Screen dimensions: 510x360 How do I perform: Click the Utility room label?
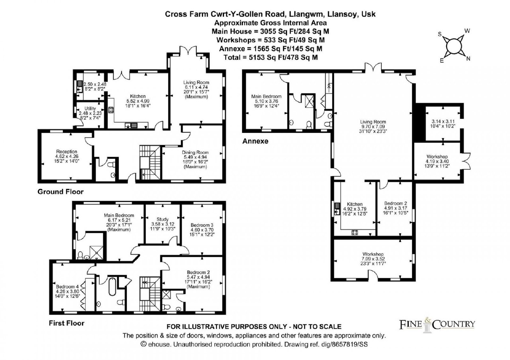coord(90,109)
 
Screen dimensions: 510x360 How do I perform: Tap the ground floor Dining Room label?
coord(195,153)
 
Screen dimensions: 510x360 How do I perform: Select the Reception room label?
coord(67,152)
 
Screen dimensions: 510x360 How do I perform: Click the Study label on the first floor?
coord(163,220)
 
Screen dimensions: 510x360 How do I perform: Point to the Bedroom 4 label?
coord(67,287)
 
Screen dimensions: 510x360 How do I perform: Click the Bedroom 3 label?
coord(202,225)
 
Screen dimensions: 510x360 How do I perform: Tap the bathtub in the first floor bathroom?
coord(112,286)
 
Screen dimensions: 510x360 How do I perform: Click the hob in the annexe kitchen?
coord(355,233)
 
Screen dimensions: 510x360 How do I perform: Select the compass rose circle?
coord(454,47)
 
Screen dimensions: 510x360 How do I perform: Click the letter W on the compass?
coord(467,31)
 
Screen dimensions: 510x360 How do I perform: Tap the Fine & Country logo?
coord(437,325)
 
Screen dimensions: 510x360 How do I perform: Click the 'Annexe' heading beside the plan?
coord(255,141)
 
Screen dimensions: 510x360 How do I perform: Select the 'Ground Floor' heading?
coord(61,191)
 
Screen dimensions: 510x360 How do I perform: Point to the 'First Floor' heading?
coord(67,323)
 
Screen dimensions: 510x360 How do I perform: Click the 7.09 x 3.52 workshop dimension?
coord(373,259)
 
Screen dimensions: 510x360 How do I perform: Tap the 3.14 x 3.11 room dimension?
coord(443,121)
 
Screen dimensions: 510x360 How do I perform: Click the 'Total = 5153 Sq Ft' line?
coord(271,57)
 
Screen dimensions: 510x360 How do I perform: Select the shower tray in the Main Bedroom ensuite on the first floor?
coord(97,253)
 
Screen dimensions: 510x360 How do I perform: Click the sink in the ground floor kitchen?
coord(131,126)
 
